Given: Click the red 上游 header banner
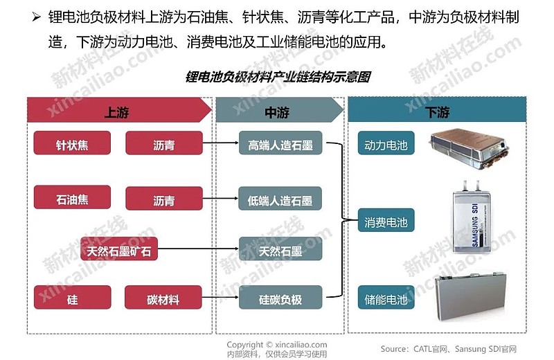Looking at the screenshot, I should pos(118,111).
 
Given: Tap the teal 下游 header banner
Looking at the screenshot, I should pos(437,111).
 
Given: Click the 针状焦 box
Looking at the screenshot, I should pos(72,145).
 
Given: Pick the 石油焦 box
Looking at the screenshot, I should pos(72,199).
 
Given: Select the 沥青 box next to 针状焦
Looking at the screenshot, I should pos(163,145).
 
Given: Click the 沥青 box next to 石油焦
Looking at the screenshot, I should pos(163,200).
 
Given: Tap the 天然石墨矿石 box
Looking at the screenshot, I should pos(119,250).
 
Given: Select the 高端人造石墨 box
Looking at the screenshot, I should pos(280,144).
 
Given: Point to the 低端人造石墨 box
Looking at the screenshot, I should pos(280,200).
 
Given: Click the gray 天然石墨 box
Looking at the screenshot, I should pos(280,250).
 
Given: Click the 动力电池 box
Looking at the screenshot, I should pos(386,145).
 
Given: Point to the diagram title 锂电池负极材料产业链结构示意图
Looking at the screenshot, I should pos(278,77).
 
